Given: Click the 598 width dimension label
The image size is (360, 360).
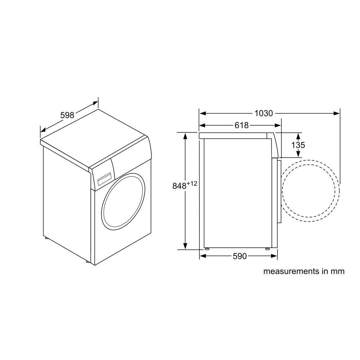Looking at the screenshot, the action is coord(67,115).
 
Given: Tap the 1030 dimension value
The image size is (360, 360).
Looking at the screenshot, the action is coord(264,113).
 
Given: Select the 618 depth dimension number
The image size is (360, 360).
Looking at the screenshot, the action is coord(242,125).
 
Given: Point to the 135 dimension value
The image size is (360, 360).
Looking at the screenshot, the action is coord(298,145).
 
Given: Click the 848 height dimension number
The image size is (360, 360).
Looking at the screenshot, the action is coord(179,186).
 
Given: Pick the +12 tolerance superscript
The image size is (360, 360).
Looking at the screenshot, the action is coord(192,183).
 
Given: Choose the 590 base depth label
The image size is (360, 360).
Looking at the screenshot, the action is coord(240,256).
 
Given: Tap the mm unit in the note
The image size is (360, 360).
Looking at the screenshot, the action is coord(338,271).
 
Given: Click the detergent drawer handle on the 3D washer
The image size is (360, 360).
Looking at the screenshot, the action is coord(105,179).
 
